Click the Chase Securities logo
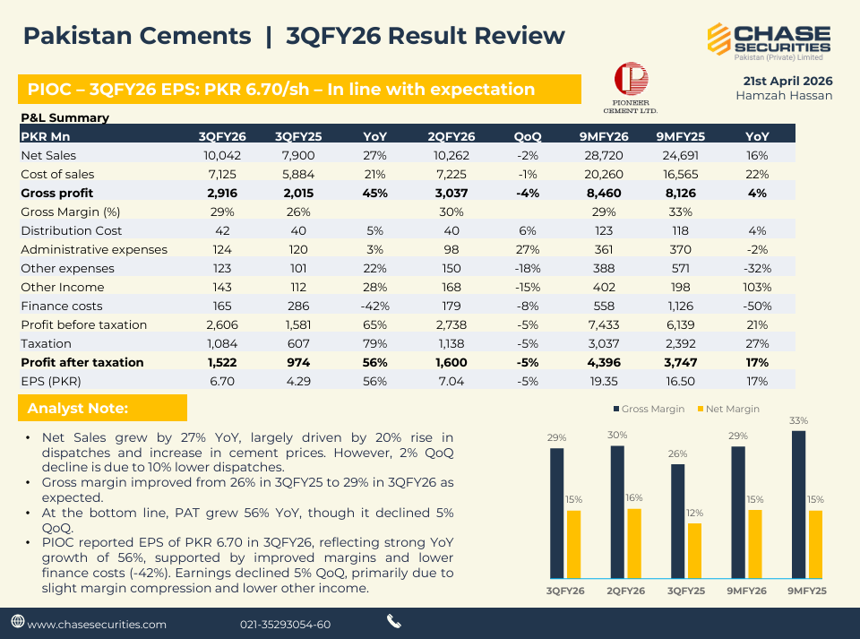click(768, 40)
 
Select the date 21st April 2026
click(787, 81)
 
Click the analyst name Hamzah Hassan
click(792, 95)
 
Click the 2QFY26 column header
click(451, 136)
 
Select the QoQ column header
click(528, 136)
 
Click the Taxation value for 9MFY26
click(604, 343)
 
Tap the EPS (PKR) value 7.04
click(451, 381)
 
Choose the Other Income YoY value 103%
click(757, 287)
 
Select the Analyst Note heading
click(78, 408)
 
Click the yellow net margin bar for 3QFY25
click(695, 550)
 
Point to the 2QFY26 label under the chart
click(625, 591)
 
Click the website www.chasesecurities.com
click(97, 624)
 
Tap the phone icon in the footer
click(393, 622)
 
